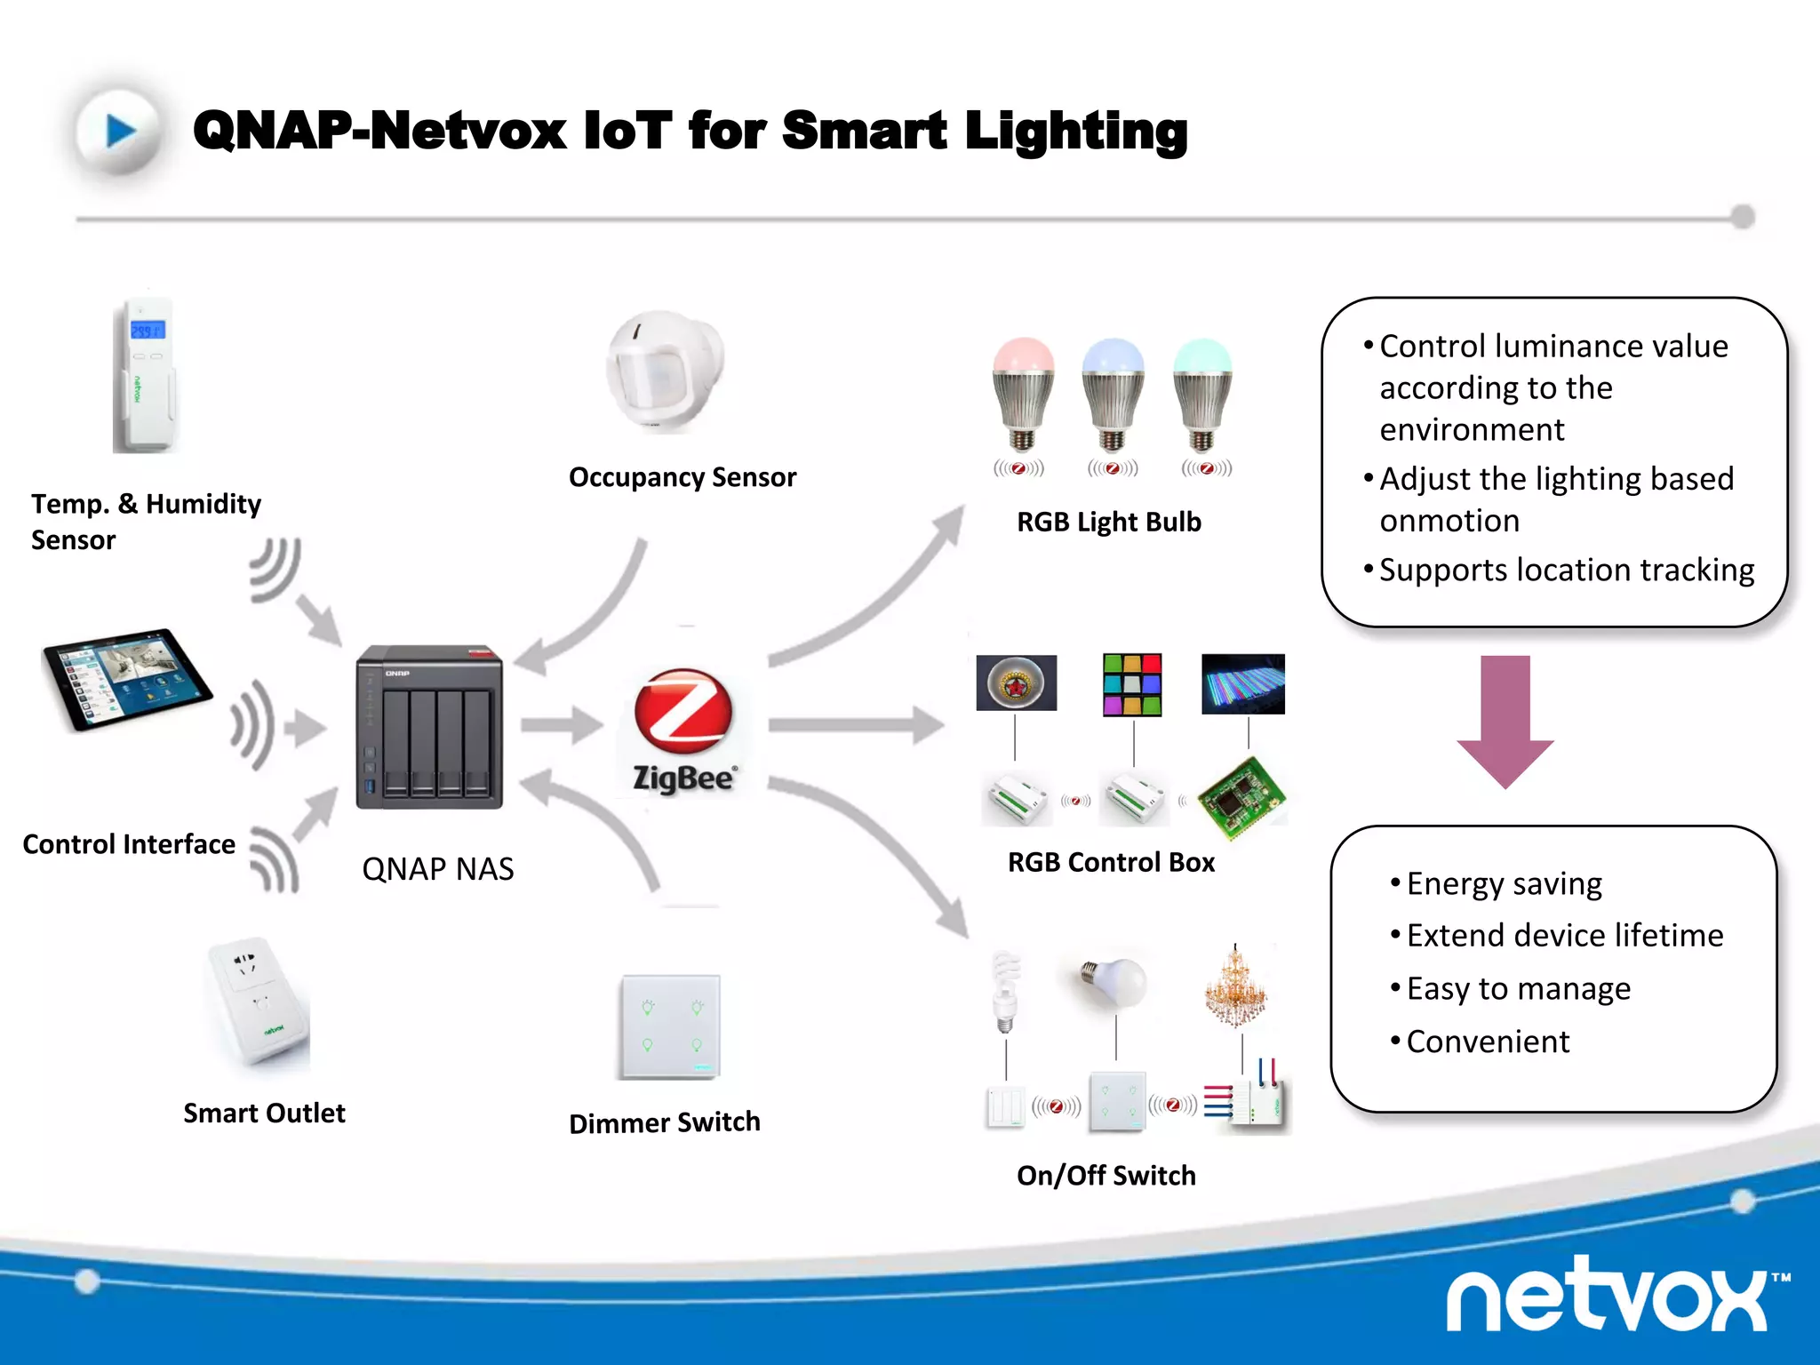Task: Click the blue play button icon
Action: (x=120, y=132)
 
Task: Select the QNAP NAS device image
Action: (x=430, y=727)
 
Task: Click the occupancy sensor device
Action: (x=664, y=371)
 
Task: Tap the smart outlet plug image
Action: (x=259, y=1002)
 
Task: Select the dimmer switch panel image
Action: (x=670, y=1026)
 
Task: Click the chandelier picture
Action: (x=1235, y=987)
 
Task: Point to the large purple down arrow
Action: (x=1505, y=721)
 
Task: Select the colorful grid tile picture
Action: (x=1132, y=684)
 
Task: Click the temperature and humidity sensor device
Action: (x=146, y=376)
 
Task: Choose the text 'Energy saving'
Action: (x=1504, y=883)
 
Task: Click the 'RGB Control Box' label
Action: (x=1111, y=862)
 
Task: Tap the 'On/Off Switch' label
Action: (x=1106, y=1176)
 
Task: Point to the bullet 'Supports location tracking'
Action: (x=1566, y=570)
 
